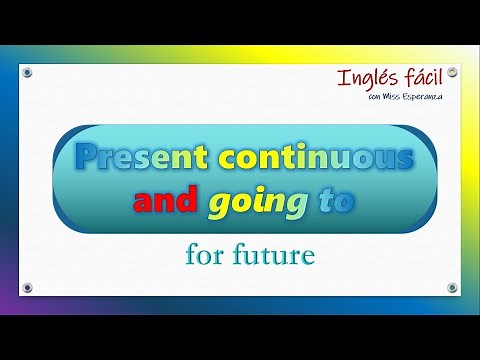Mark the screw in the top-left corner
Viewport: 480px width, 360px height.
(x=27, y=72)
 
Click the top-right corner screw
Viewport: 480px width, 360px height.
(x=452, y=72)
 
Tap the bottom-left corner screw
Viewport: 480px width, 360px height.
(x=27, y=288)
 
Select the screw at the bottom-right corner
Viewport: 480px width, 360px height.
(x=452, y=288)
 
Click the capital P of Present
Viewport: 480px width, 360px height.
(x=87, y=157)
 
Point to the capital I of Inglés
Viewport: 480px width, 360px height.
(x=343, y=77)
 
